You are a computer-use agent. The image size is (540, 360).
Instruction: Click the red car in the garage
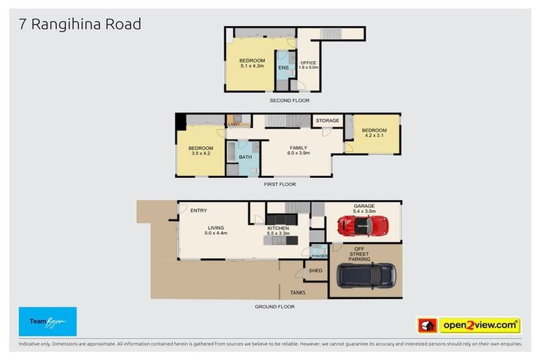pos(363,226)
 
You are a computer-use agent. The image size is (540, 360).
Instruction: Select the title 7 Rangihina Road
pos(80,25)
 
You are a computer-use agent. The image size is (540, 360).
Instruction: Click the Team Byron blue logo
pos(48,321)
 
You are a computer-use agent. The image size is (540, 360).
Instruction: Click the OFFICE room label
pos(309,65)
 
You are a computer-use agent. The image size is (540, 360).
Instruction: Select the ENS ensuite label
pos(283,67)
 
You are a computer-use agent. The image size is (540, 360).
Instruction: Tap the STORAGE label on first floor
pos(328,121)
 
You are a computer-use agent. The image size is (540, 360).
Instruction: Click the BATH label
pos(245,157)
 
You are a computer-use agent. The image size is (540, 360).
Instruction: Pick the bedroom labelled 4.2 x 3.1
pos(374,133)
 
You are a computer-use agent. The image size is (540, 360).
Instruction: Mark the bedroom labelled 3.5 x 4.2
pos(200,150)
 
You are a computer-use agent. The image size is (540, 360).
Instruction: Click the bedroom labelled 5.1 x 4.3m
pos(252,63)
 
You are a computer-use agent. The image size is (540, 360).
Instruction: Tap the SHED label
pos(316,271)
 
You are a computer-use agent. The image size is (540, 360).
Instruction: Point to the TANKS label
pos(297,292)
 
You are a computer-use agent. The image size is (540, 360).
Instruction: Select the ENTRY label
pos(198,210)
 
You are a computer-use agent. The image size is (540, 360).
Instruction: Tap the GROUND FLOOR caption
pos(275,307)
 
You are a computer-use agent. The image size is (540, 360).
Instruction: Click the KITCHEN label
pos(278,230)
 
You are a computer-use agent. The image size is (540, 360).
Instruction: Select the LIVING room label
pos(215,230)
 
